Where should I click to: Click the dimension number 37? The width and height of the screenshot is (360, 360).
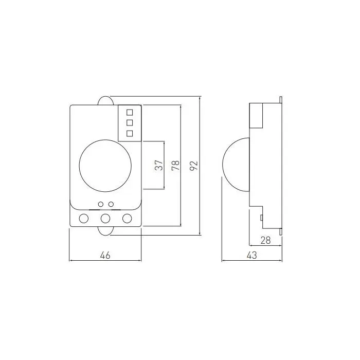coord(159,165)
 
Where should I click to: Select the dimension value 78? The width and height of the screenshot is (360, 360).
coord(176,165)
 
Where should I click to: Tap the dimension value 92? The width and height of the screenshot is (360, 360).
coord(193,165)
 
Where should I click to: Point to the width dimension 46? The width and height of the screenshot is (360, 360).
coord(105,255)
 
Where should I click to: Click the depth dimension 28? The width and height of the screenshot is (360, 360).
coord(265,240)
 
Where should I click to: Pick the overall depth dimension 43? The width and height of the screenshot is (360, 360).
coord(251,255)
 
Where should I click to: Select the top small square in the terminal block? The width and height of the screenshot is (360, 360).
coord(130,111)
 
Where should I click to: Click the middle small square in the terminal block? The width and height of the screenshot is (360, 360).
coord(130,122)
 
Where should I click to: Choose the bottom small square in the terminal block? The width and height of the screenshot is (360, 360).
coord(130,134)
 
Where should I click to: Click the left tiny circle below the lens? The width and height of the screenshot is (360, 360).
coord(101,204)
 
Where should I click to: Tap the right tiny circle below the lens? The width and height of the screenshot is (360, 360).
coord(111,204)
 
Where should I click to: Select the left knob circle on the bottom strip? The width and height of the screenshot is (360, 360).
coord(83,219)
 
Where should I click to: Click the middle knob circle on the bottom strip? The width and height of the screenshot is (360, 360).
coord(105,219)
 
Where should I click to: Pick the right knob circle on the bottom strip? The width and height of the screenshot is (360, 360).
coord(127,219)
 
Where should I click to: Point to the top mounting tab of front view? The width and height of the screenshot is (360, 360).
coord(105,100)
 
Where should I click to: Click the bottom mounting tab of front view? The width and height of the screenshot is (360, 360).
coord(105,231)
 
